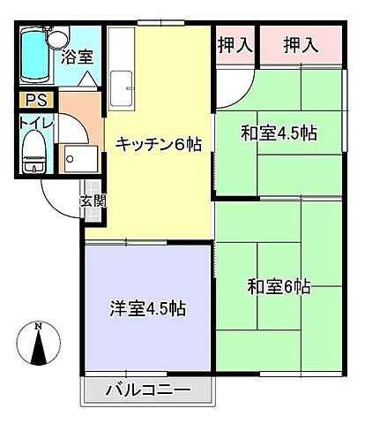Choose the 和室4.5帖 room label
[x=279, y=133]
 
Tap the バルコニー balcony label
[x=148, y=388]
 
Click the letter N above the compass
[x=38, y=326]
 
